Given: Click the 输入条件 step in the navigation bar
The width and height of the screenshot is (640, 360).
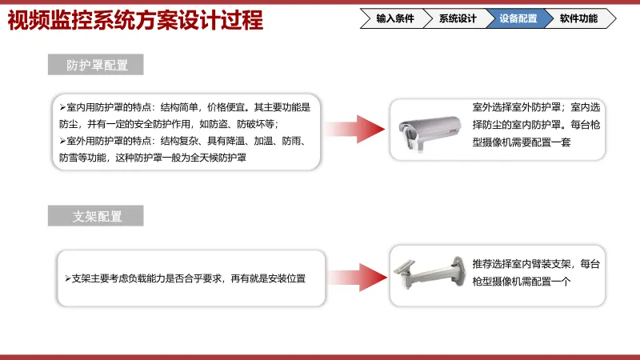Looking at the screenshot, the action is [394, 18].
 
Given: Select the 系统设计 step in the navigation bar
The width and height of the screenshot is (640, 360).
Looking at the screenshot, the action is [457, 18].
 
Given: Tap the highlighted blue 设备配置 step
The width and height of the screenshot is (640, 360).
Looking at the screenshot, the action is [518, 18].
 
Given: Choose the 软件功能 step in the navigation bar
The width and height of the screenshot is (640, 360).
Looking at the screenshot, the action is [578, 18].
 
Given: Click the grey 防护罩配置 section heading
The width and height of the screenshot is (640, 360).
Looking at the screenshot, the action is [96, 65].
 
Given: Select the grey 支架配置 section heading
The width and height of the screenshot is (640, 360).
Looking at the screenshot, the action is [96, 216].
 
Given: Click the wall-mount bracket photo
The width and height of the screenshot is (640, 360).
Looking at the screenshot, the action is [430, 273].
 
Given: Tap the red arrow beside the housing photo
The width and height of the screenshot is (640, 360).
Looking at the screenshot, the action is [354, 130].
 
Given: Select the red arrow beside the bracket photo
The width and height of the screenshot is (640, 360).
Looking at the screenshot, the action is [358, 278].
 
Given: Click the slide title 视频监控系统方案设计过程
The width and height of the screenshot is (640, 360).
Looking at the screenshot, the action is [135, 20].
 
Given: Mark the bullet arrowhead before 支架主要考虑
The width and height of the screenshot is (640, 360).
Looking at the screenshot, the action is [68, 278].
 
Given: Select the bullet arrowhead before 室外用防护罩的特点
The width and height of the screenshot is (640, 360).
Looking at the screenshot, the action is [62, 141].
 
